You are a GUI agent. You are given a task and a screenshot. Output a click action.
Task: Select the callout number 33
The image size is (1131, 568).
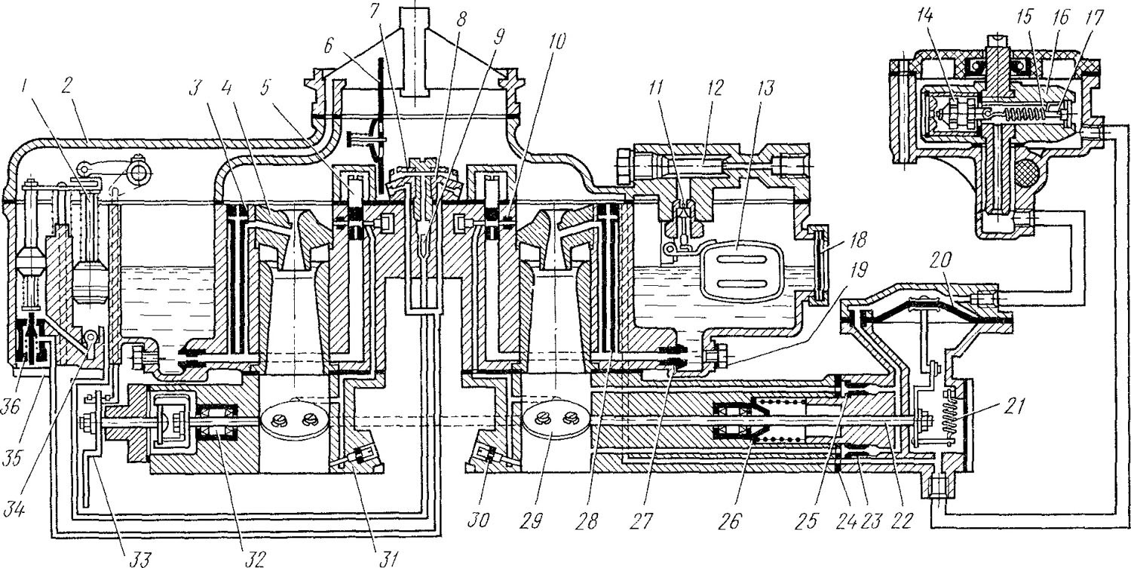138,557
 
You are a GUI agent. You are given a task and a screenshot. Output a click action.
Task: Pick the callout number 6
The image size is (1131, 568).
329,47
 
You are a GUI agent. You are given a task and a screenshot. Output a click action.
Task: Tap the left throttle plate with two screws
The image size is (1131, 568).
294,419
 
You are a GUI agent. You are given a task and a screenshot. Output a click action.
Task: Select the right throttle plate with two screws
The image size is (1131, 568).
555,419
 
